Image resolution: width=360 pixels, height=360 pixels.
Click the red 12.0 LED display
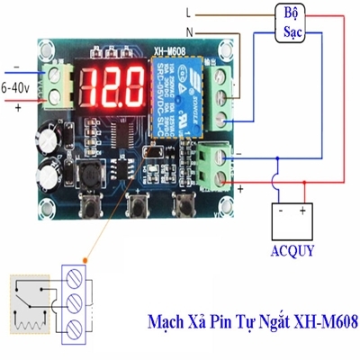tap(113, 88)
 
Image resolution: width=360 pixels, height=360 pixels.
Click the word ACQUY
tap(292, 250)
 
